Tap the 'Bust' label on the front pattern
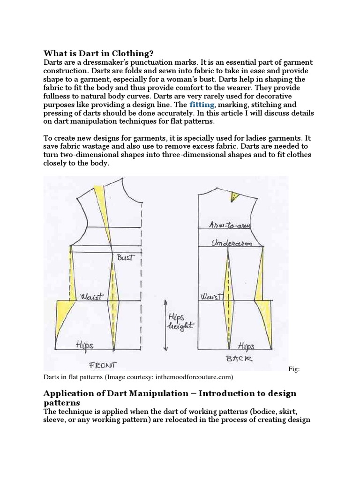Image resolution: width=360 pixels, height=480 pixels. [x=125, y=258]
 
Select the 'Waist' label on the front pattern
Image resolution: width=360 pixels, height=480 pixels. [x=92, y=297]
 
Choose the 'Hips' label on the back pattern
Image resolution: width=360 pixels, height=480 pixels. [x=246, y=346]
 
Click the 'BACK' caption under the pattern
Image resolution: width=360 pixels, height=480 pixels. [x=239, y=359]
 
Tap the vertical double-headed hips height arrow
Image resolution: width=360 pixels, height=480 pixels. [x=165, y=326]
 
